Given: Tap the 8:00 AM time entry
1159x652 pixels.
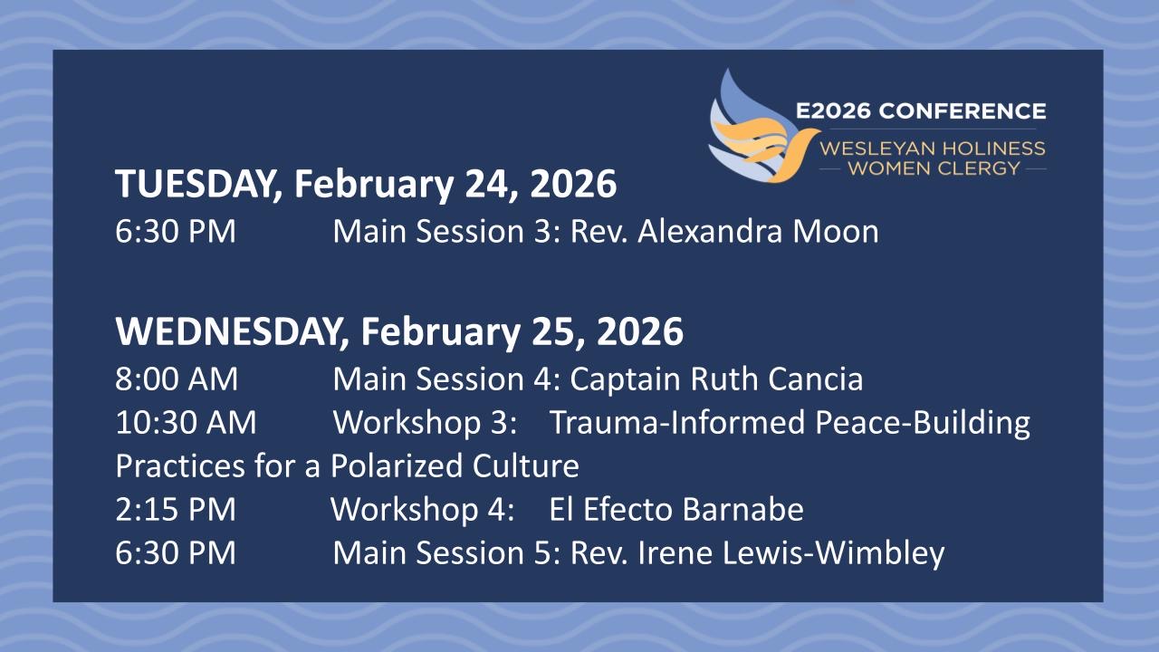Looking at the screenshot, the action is coord(177,379).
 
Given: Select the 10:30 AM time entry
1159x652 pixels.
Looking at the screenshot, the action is coord(186,422).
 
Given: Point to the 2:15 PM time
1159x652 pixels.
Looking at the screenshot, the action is coord(176,509).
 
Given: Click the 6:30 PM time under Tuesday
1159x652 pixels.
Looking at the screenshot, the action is coord(176,231).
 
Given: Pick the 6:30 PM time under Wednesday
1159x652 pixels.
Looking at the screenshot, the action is coord(176,552).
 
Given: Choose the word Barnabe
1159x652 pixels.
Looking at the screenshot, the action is coord(742,509).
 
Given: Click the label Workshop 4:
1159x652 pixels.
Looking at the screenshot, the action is coord(422,510).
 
